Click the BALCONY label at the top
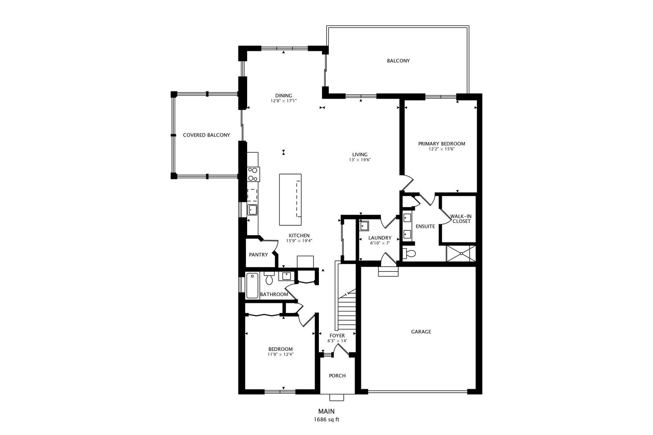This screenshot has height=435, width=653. click(398, 61)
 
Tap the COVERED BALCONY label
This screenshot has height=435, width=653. click(206, 135)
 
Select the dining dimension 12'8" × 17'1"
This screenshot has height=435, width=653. click(284, 101)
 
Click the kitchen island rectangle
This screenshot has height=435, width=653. click(290, 200)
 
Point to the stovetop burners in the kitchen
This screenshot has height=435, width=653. click(254, 174)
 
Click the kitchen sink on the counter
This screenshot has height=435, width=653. click(253, 210)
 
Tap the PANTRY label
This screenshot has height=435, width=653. click(258, 255)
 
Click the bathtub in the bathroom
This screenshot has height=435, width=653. click(252, 286)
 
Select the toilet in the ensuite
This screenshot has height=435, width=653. click(410, 254)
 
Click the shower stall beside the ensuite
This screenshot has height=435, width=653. click(461, 253)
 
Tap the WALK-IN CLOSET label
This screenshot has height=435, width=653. click(461, 219)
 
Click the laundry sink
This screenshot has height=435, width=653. click(365, 225)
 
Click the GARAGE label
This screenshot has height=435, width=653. click(421, 332)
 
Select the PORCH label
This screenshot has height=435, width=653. click(337, 376)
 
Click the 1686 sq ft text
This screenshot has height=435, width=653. click(326, 419)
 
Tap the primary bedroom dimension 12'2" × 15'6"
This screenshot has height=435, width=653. click(441, 149)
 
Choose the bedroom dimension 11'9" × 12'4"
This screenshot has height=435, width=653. click(281, 354)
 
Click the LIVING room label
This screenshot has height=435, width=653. click(360, 154)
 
